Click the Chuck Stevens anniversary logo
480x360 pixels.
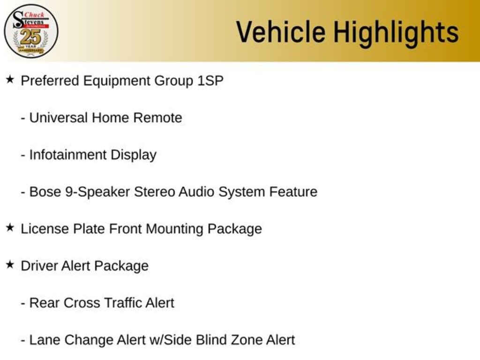click(31, 31)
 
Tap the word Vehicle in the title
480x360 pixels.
click(281, 32)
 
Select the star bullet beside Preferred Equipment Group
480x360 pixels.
click(10, 80)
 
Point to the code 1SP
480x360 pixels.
click(210, 81)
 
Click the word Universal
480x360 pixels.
click(58, 118)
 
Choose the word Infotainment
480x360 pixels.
click(67, 155)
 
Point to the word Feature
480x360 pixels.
click(293, 192)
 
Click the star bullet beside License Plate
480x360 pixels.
click(10, 228)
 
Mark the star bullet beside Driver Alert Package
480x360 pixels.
click(10, 265)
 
